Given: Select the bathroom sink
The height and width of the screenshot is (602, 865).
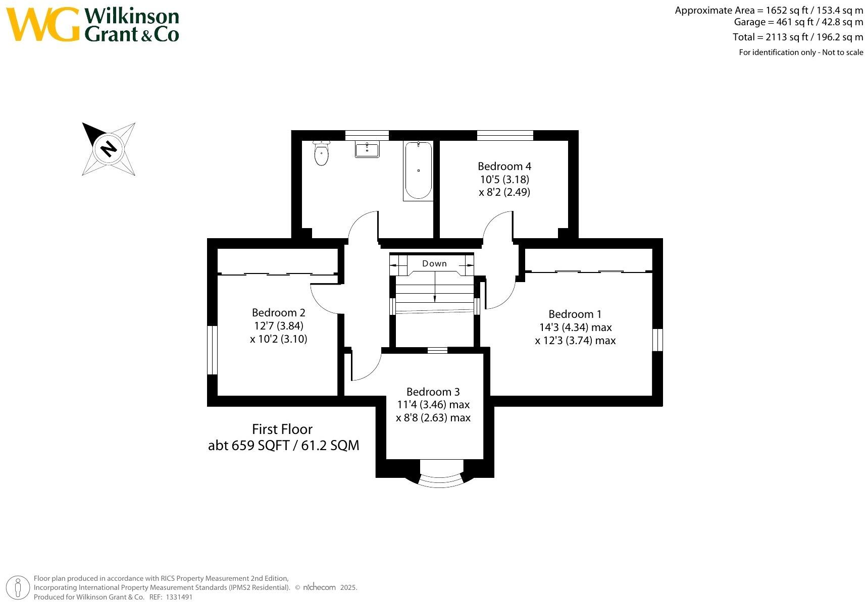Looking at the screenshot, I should [367, 150].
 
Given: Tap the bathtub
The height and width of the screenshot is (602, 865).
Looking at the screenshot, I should [418, 171].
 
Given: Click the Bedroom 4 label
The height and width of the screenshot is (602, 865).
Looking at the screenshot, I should [504, 167].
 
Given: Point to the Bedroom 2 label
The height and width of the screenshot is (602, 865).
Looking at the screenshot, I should [278, 313].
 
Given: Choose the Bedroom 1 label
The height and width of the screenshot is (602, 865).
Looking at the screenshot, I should [575, 314].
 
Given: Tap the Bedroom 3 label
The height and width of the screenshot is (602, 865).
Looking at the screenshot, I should [433, 392].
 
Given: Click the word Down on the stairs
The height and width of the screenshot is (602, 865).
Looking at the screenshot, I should [434, 263].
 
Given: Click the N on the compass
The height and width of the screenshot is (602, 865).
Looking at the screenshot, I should [109, 149].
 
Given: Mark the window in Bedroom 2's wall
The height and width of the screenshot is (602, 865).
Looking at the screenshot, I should [213, 350].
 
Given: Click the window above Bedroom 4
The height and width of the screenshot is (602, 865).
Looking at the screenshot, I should [505, 135].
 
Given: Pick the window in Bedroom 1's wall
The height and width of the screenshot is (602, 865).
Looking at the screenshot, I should [657, 340].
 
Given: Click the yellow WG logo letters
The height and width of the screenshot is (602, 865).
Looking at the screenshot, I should [43, 25].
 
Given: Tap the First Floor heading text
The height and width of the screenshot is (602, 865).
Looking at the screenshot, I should [282, 429].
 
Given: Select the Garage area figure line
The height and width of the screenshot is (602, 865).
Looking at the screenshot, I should [798, 22].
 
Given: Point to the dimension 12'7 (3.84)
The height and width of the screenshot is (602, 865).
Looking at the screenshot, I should [279, 326].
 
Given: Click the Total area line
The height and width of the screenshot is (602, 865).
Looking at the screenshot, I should [798, 37].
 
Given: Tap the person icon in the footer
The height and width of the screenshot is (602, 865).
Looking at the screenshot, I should [19, 588].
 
